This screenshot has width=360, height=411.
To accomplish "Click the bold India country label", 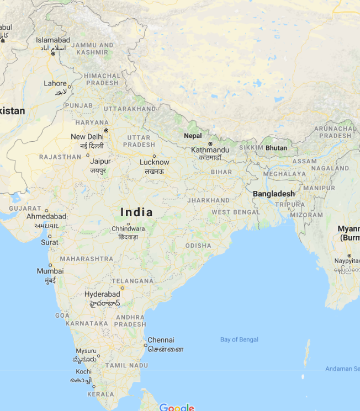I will pos(136,212).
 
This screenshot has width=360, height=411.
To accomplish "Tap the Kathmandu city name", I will pos(210,150).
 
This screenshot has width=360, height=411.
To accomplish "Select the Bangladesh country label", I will pos(274,194).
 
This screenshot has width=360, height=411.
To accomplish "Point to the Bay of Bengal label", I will pos(239,340).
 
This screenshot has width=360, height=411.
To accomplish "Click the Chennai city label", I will pos(161,340).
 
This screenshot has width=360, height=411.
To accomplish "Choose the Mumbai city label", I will pos(50,271).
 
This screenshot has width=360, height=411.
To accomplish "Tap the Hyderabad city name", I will pos(102,295).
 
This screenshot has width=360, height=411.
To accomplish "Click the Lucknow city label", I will pos(154,162).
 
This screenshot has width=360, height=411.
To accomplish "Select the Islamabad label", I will pos(53,40).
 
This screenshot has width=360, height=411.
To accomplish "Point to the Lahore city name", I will pos(55,84).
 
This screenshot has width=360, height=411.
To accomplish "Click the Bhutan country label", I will pos(276,148).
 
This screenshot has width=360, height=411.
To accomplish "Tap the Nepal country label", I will pos(193,136).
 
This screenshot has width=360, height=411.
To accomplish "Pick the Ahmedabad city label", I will pos(46,217).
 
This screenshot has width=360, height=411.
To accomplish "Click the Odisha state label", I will pos(198,245).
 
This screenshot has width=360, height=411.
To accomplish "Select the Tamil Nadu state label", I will pos(126,365).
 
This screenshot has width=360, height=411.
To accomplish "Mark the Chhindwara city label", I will pos(128,228).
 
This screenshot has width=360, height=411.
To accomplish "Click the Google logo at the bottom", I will pos(177,408).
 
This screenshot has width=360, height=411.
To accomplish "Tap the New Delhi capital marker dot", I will pos(106,130).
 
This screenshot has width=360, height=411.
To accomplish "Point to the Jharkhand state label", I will pos(208,200).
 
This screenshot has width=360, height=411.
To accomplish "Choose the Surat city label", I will pos(50,242).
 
